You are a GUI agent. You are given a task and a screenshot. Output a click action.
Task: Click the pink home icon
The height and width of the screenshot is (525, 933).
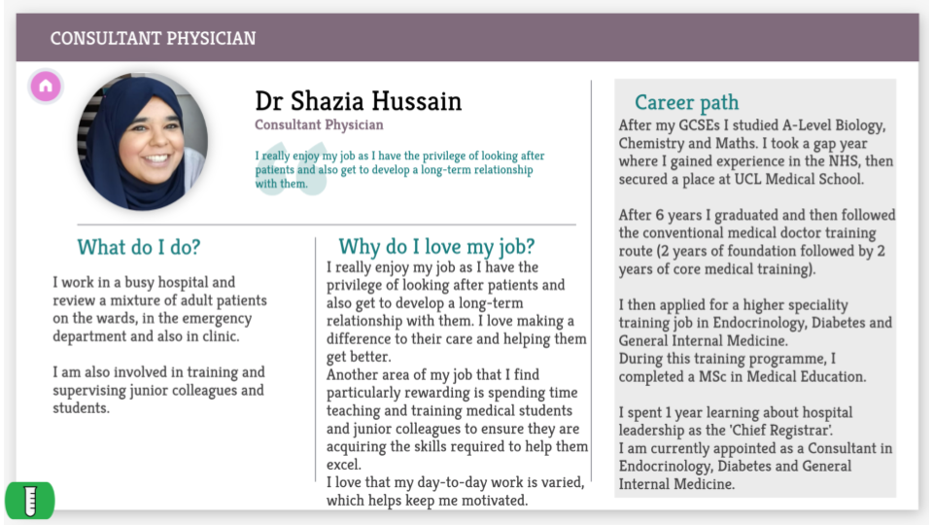coord(46,87)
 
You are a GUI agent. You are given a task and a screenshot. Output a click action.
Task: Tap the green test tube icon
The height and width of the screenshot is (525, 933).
coord(29,500)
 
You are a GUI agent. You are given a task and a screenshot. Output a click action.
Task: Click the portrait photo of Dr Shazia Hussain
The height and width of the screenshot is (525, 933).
coord(142,142)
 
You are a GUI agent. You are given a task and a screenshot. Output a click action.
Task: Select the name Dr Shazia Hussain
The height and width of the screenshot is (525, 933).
coord(358,101)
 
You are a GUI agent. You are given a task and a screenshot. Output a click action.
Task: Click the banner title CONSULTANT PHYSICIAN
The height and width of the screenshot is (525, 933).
coord(153,39)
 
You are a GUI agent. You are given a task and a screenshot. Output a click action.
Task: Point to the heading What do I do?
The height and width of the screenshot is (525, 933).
coord(139,247)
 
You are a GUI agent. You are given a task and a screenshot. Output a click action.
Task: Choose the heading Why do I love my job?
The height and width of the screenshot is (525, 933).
coord(436,247)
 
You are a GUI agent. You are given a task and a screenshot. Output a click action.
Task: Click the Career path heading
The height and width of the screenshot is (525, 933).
coord(686,102)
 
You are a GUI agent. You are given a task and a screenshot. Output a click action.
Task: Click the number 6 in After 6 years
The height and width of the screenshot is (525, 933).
coord(657,215)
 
